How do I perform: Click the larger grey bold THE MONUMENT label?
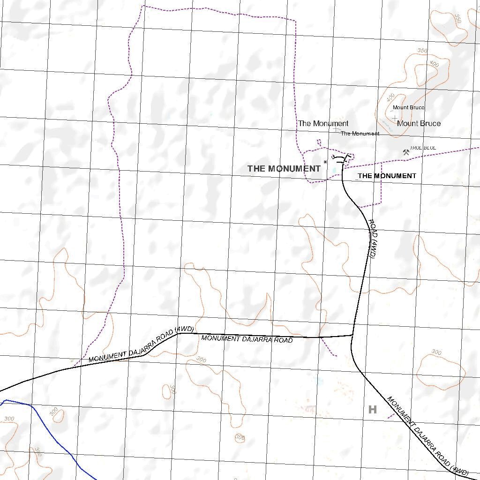point(284,169)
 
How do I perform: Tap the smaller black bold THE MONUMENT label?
point(387,176)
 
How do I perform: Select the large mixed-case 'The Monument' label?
point(323,124)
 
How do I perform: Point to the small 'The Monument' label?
point(360,134)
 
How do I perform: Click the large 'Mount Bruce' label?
point(419,124)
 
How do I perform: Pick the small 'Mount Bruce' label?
point(408,108)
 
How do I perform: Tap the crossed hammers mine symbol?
point(406,152)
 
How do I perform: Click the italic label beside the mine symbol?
point(423,148)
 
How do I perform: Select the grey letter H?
point(373,410)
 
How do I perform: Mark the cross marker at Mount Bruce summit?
point(395,118)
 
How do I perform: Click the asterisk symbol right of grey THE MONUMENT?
point(325,162)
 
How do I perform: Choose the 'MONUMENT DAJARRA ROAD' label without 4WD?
point(247,339)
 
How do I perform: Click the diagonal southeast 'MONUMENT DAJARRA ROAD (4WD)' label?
point(427,435)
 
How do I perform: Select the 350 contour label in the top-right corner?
point(458,19)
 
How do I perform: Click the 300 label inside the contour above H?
point(436,352)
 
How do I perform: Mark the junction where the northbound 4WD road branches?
point(352,335)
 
